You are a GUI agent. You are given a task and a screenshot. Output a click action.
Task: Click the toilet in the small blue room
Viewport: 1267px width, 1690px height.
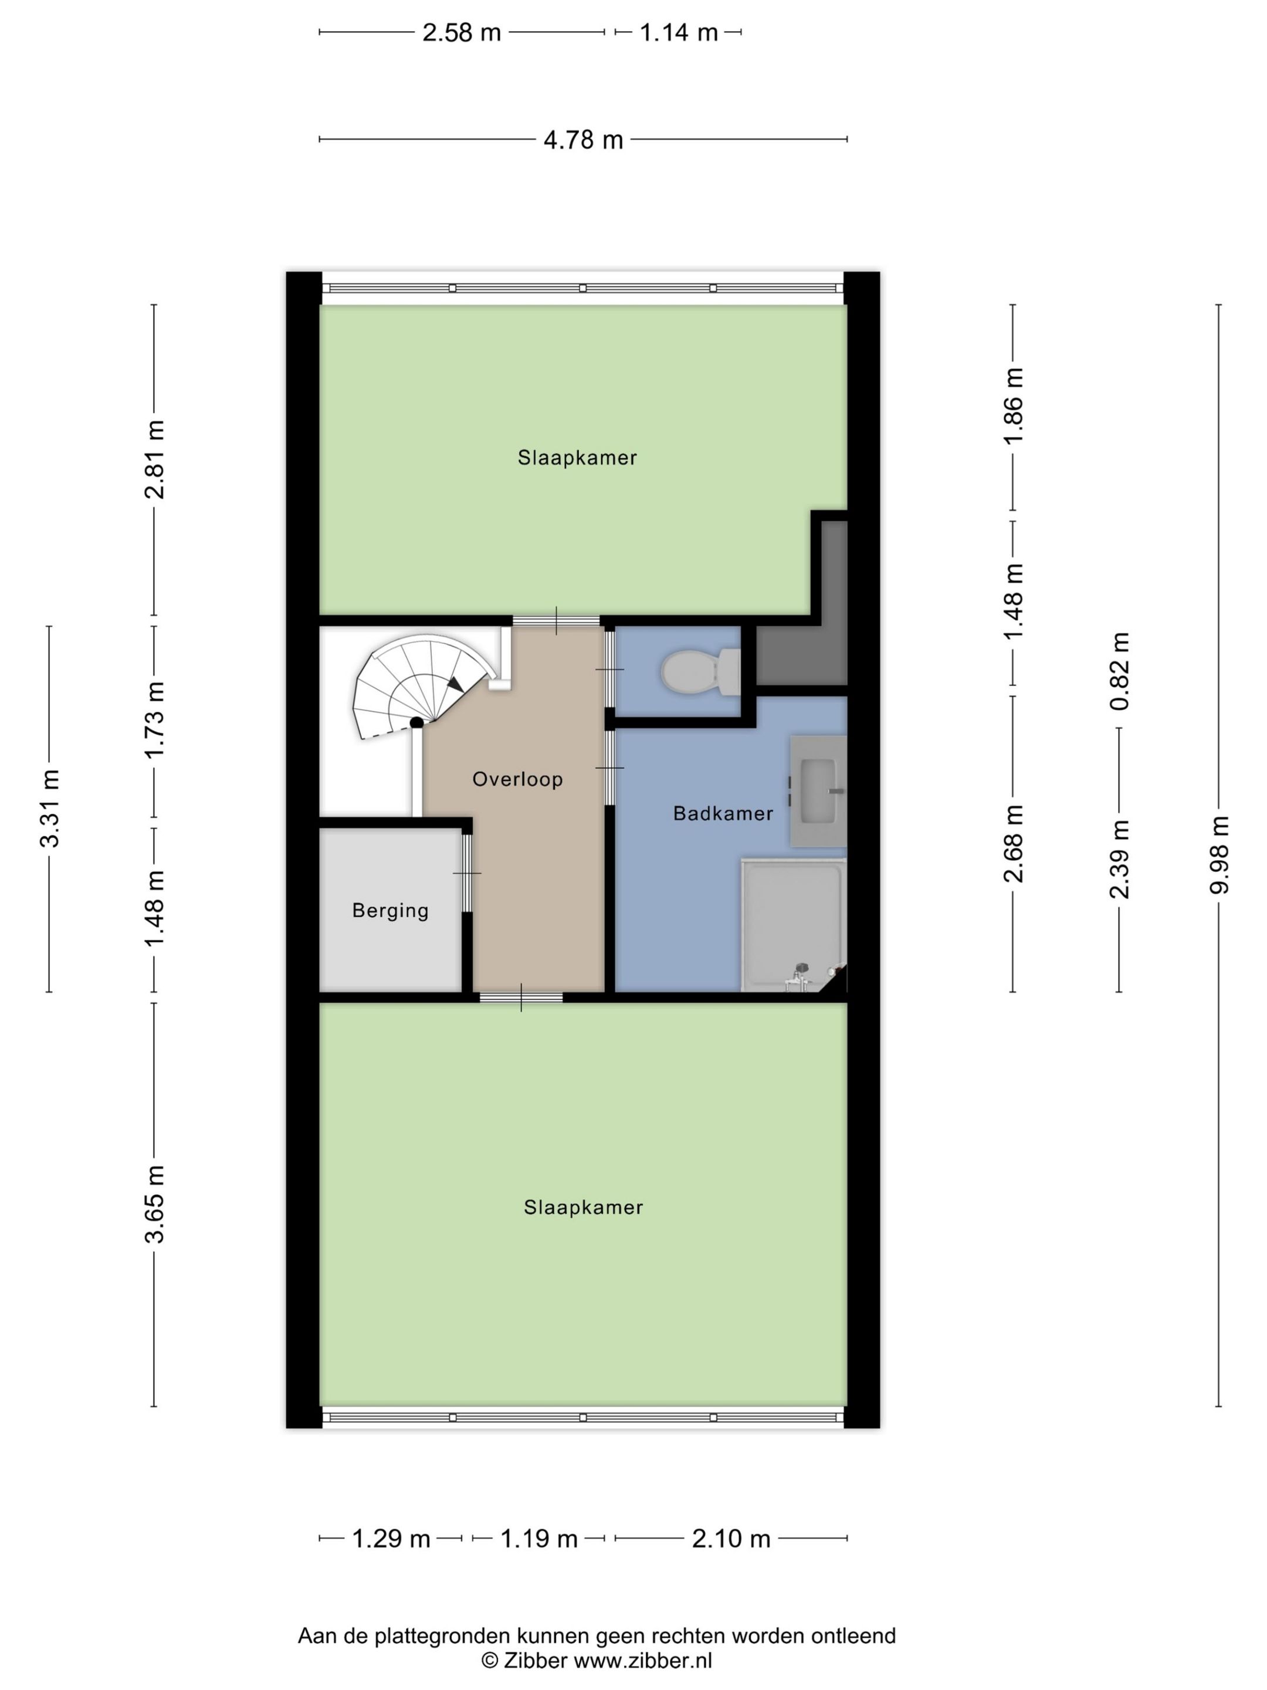click(700, 671)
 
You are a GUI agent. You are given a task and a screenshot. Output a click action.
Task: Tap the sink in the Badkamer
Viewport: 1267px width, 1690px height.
click(818, 791)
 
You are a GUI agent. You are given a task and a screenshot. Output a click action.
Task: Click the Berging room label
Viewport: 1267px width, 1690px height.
click(390, 911)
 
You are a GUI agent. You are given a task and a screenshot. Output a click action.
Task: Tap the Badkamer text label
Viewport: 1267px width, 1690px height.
click(723, 814)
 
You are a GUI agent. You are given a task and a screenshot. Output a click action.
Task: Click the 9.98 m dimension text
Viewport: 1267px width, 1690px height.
click(1219, 854)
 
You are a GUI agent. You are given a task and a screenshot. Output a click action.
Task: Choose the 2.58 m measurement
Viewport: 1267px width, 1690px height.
click(461, 33)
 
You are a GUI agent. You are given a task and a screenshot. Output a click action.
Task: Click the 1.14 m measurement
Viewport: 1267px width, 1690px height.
click(678, 33)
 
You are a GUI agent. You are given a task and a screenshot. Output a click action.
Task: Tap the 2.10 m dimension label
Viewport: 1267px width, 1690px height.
click(731, 1539)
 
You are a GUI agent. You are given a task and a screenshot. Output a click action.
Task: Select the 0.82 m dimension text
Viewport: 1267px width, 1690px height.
click(1120, 671)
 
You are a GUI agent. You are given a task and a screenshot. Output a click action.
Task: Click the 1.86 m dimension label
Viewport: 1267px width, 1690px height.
click(1014, 405)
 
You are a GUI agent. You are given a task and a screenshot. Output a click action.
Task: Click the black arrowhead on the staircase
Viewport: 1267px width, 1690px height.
click(455, 684)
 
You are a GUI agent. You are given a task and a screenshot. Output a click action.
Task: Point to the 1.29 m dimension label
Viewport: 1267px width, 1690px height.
click(391, 1539)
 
